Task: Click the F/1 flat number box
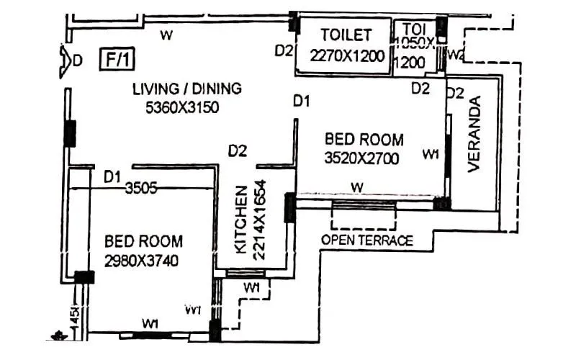tap(114, 58)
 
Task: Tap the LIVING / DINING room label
tap(186, 89)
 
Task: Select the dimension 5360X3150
tap(181, 107)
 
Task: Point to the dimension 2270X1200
tap(348, 55)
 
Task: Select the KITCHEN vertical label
tap(241, 218)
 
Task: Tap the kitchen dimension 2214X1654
tap(261, 218)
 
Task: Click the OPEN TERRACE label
tap(367, 240)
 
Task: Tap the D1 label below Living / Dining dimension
tap(301, 103)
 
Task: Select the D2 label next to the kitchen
tap(238, 151)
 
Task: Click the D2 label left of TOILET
tap(284, 50)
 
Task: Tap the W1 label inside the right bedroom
tap(431, 154)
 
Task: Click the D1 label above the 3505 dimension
tap(112, 176)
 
